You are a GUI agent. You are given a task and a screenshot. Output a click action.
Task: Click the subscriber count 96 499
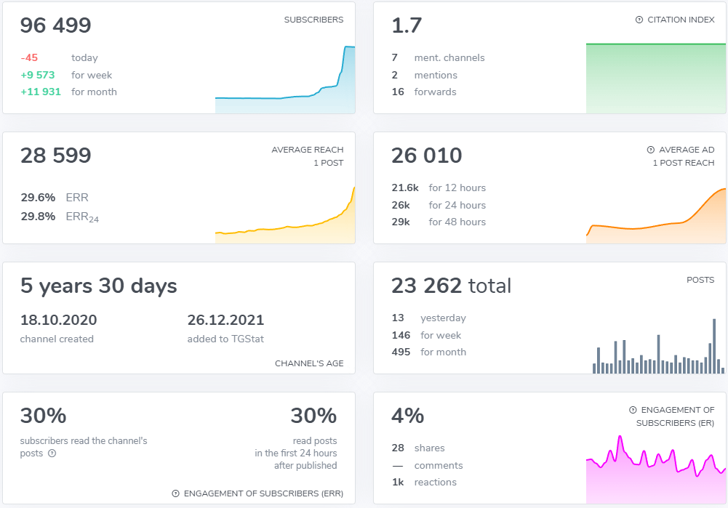coord(56,26)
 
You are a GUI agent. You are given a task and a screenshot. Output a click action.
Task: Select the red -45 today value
coord(29,58)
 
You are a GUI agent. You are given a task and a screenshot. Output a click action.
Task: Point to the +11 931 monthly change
coord(41,92)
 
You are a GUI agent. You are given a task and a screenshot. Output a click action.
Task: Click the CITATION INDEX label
coord(681,20)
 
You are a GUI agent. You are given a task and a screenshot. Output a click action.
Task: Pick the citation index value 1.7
coord(407,26)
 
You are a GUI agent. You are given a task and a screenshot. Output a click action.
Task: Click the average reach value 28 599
coord(56,156)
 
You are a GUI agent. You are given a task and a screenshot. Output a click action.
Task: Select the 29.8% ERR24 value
coord(38,217)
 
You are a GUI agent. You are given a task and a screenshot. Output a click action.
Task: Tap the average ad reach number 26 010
coord(427,156)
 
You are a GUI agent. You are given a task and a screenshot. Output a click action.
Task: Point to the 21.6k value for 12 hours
coord(405,188)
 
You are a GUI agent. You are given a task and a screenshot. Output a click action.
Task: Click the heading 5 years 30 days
coord(99,286)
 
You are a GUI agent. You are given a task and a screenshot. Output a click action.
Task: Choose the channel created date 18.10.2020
coord(59,320)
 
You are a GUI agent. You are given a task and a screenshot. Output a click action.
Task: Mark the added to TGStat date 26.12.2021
coord(225,320)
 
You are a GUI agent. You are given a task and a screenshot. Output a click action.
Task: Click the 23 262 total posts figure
coord(451,286)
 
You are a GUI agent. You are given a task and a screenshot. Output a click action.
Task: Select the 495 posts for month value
coord(401,352)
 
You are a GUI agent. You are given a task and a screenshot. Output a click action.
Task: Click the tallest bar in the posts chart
coord(714,346)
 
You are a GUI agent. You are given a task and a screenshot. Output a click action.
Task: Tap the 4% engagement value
coord(407,416)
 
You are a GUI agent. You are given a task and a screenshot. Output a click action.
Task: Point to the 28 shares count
coord(398,448)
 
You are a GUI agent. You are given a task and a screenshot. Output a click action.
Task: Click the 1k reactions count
coord(398,483)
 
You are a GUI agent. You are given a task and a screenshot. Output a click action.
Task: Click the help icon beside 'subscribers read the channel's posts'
coord(52,453)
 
